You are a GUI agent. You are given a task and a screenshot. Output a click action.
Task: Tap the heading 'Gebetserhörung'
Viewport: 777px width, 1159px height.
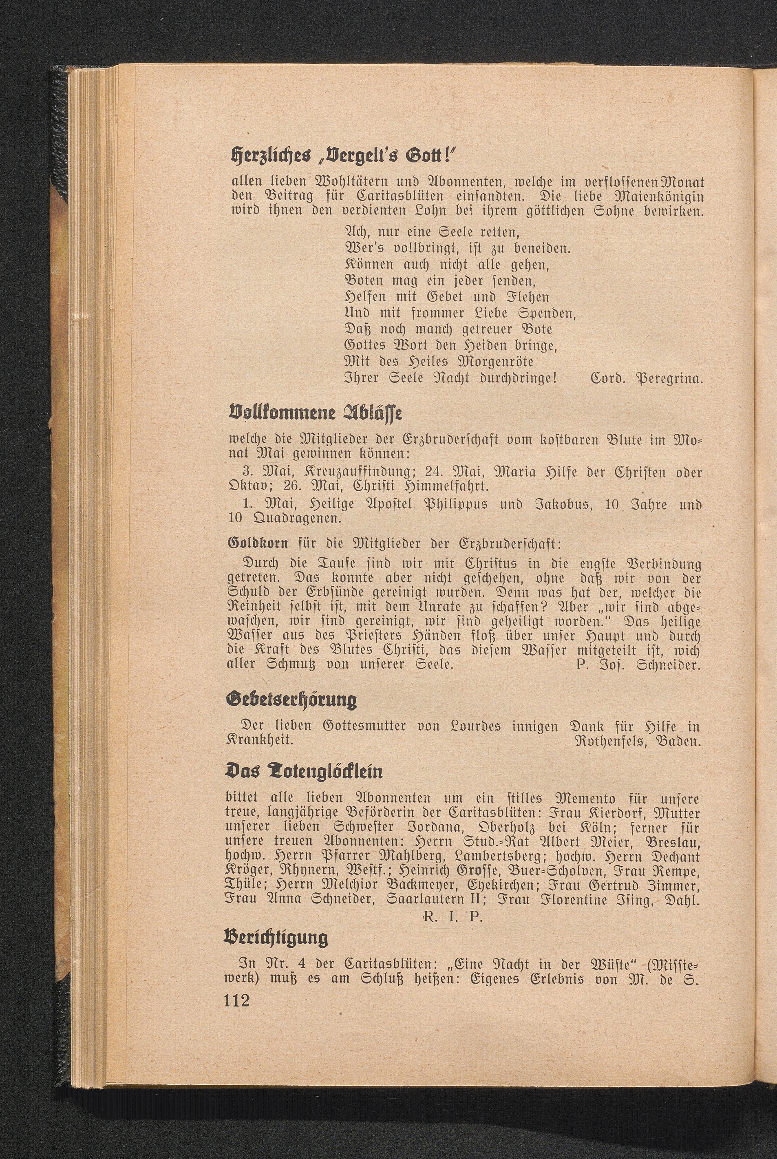pos(291,700)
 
